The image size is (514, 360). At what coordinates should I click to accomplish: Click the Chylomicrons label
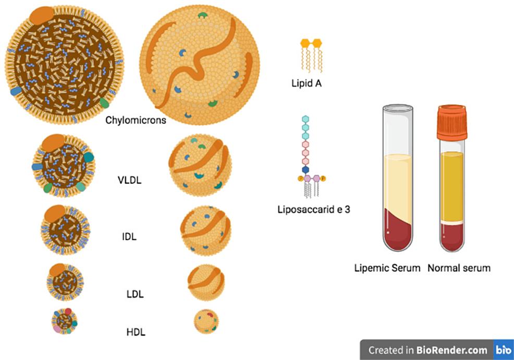click(x=136, y=121)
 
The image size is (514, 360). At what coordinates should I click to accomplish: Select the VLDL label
click(x=130, y=182)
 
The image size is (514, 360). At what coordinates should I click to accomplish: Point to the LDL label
click(x=135, y=294)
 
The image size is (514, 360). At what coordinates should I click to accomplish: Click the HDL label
click(x=136, y=331)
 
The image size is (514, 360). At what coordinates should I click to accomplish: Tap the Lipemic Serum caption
click(x=387, y=268)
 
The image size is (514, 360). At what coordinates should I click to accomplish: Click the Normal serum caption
click(x=459, y=268)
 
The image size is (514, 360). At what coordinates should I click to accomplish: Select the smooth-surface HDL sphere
click(x=206, y=322)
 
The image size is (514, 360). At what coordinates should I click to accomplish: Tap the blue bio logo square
click(x=503, y=350)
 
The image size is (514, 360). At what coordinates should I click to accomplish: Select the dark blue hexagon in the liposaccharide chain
click(x=306, y=170)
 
